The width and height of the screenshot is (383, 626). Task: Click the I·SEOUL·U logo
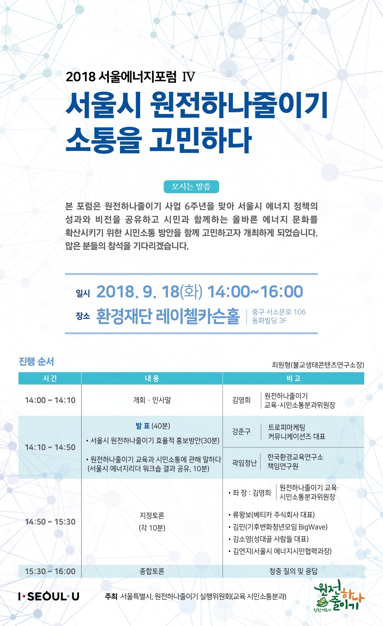click(x=49, y=596)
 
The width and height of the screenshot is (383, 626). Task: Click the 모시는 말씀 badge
click(x=191, y=186)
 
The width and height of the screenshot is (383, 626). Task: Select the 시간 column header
click(x=50, y=378)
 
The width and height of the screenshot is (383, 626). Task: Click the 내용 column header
click(x=152, y=378)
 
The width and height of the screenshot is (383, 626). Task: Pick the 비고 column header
click(x=293, y=378)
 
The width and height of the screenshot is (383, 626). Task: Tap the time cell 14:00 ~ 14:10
click(x=50, y=400)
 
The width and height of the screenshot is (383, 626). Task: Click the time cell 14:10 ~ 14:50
click(x=50, y=447)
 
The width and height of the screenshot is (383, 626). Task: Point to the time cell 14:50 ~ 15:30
click(x=50, y=521)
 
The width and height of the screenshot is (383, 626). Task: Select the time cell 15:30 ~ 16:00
click(x=50, y=571)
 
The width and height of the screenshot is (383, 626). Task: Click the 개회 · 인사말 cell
click(x=152, y=400)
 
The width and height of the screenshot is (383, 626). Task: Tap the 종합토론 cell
click(x=152, y=571)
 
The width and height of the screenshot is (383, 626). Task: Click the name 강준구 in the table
click(x=241, y=431)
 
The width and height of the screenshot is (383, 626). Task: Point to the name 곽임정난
click(x=244, y=463)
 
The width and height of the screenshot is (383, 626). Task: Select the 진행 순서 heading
click(x=36, y=361)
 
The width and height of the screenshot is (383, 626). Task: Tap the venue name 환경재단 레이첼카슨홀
click(x=168, y=316)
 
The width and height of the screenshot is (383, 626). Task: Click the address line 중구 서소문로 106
click(x=279, y=312)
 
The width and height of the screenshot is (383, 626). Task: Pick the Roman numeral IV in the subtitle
click(x=188, y=77)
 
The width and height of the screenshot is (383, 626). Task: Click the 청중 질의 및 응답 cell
click(x=293, y=571)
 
